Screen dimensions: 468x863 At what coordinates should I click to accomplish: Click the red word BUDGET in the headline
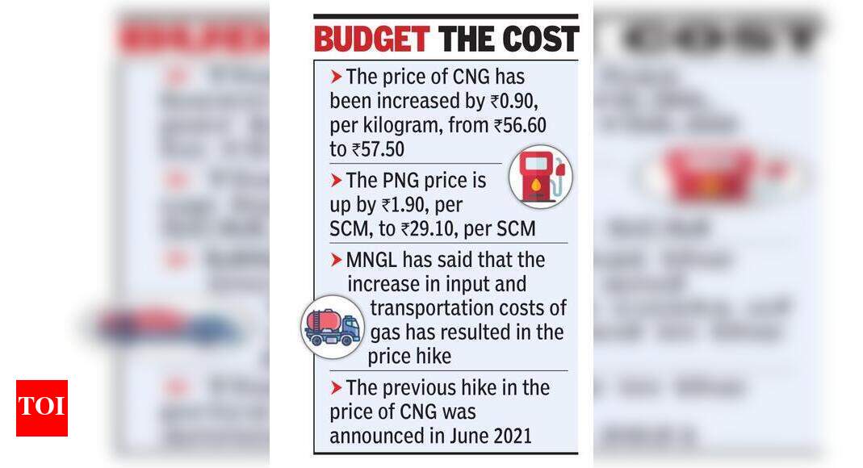[x=371, y=39]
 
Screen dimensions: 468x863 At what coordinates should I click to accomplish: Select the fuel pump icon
[x=540, y=177]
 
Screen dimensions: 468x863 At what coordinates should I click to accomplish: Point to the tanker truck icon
[x=332, y=327]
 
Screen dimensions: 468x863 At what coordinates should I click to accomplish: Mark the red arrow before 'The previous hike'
[x=336, y=388]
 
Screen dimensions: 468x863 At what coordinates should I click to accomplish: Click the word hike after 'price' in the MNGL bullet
[x=432, y=356]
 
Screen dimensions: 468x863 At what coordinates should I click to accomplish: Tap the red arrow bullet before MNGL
[x=336, y=261]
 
